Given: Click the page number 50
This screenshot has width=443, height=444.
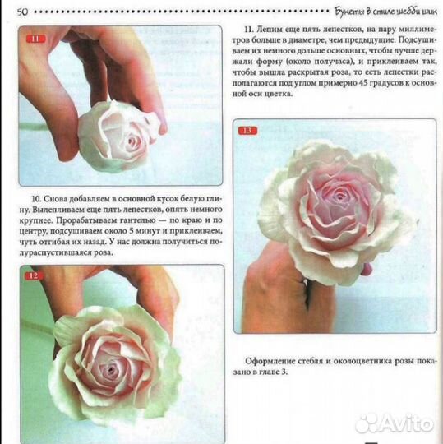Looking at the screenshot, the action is point(23,12).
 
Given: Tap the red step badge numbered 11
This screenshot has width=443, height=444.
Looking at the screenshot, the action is point(36,39).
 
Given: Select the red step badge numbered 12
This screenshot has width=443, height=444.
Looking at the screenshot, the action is point(34,275).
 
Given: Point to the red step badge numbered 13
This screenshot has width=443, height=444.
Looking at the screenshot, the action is point(247,131).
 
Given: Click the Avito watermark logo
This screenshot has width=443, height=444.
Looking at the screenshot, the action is point(395,423).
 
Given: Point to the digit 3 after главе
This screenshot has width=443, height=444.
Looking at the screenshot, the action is point(284,372).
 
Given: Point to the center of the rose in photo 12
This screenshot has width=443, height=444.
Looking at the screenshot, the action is point(111,368).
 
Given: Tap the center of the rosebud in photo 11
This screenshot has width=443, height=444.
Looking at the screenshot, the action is point(131,141).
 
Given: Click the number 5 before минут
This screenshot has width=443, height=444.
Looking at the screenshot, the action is point(131,231).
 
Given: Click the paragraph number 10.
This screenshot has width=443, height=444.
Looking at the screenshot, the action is point(36,199).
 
